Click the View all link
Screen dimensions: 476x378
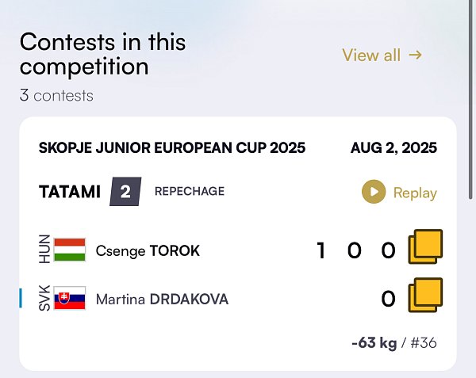[382, 55]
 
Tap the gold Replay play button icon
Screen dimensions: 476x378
[374, 192]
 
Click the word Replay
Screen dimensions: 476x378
[415, 193]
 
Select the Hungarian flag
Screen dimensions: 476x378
[70, 250]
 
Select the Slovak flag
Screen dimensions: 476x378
[70, 298]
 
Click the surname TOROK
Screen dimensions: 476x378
[175, 251]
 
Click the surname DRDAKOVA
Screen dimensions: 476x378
[189, 300]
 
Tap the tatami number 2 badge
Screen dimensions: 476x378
[125, 192]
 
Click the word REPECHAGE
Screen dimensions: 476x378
[190, 191]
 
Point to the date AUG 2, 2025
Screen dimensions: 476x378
[393, 148]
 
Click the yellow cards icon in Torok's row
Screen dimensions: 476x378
[425, 246]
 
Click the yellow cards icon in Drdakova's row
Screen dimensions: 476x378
[425, 295]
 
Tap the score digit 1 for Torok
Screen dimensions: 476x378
[321, 250]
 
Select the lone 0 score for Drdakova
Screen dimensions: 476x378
[388, 299]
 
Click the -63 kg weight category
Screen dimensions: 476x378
[374, 343]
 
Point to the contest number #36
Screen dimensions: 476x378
[424, 343]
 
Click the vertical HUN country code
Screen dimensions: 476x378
[44, 249]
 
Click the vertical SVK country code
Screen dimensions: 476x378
[44, 298]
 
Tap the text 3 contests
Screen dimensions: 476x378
[56, 96]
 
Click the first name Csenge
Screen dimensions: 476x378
[121, 251]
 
